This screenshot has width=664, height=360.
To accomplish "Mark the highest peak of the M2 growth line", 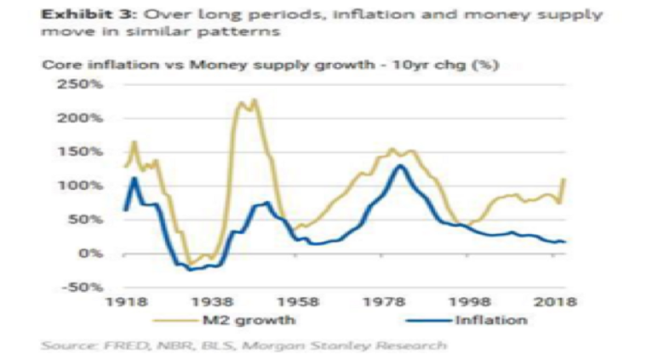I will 254,100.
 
